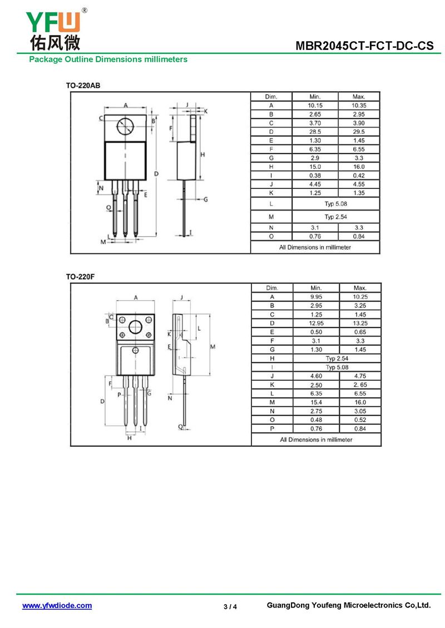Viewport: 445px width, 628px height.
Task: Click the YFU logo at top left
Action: point(56,29)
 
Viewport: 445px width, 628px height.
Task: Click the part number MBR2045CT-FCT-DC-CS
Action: point(364,46)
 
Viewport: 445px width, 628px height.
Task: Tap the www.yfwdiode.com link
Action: point(57,606)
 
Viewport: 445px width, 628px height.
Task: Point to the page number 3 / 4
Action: point(230,607)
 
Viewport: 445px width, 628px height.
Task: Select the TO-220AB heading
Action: point(83,86)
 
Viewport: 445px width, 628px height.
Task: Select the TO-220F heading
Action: point(80,277)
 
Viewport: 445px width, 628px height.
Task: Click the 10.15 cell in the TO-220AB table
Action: point(315,106)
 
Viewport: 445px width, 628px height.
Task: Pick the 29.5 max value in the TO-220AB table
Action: point(359,132)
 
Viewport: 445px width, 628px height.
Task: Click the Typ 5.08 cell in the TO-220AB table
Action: point(336,204)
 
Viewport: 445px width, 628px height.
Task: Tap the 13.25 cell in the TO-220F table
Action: point(360,323)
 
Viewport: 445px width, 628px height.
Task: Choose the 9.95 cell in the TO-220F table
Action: point(317,297)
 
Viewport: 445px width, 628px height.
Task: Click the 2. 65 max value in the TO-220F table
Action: point(360,385)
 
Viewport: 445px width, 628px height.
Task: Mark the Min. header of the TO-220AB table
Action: point(315,97)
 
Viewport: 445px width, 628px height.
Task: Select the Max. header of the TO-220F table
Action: point(360,288)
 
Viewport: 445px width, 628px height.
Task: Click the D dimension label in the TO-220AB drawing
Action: point(156,174)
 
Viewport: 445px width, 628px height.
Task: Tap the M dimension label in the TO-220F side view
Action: point(212,346)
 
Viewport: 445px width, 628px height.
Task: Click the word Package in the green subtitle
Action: point(46,59)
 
